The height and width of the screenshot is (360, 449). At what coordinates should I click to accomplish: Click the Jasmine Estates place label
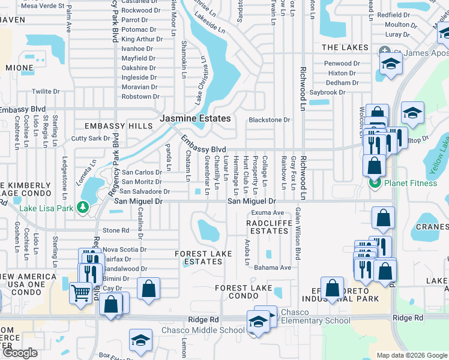[x=195, y=119]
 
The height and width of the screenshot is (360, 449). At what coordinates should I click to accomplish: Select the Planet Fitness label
[x=411, y=183]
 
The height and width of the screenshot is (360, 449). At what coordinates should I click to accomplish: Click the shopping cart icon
[x=81, y=294]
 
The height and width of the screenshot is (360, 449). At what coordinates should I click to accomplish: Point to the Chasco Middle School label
[x=203, y=331]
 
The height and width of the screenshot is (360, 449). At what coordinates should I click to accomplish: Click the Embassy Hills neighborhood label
[x=119, y=126]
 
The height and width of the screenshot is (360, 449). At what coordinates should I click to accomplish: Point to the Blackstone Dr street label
[x=270, y=120]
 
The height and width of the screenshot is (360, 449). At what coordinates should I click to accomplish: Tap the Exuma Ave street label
[x=268, y=213]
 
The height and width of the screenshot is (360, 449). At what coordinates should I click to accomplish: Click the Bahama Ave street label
[x=272, y=268]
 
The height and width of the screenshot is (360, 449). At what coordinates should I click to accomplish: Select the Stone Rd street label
[x=116, y=230]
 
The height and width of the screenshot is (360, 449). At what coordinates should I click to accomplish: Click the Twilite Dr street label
[x=46, y=92]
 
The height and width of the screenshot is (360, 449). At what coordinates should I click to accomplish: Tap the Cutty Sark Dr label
[x=90, y=138]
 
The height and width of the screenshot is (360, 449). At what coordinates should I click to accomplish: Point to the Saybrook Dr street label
[x=327, y=92]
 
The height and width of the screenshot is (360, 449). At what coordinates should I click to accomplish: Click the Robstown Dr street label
[x=140, y=97]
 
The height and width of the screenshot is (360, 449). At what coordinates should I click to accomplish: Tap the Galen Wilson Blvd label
[x=297, y=234]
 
